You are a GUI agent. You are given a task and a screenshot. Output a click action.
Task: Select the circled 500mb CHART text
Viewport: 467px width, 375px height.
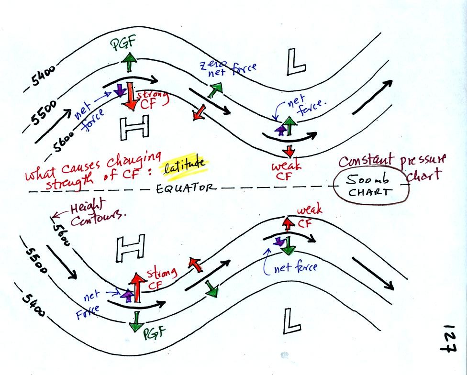[372, 188]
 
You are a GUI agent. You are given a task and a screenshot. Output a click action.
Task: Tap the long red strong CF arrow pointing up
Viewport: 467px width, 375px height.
[137, 287]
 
